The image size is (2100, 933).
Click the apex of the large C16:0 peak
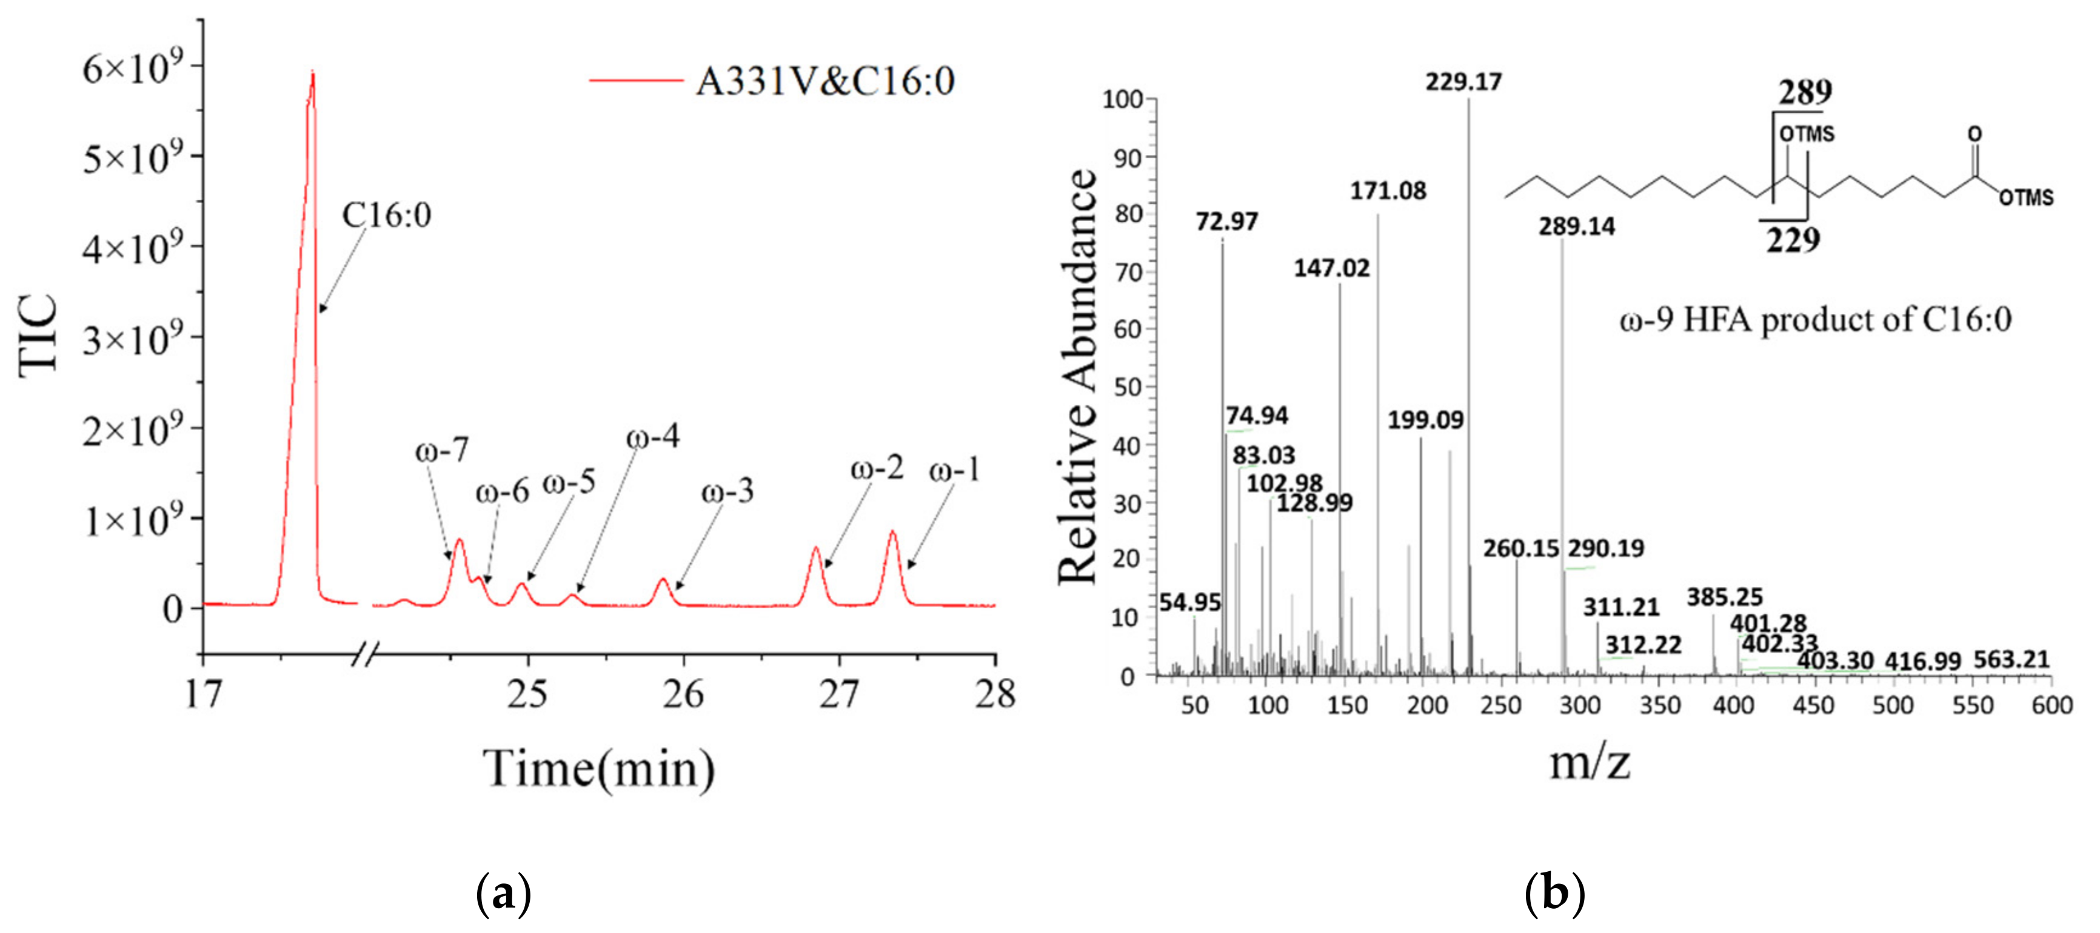click(312, 74)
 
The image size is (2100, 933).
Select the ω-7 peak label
click(442, 450)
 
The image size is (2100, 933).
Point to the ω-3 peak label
click(727, 491)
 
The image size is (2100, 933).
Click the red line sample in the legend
click(635, 81)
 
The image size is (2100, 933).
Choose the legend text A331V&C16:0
click(825, 81)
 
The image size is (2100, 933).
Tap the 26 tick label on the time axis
click(683, 695)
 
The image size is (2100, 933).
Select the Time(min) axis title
click(599, 768)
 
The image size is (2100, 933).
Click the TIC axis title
click(39, 336)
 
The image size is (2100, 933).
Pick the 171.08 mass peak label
click(1388, 191)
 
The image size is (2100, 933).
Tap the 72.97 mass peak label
click(1227, 222)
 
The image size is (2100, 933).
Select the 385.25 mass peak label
click(1724, 597)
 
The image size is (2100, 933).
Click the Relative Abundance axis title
click(1078, 376)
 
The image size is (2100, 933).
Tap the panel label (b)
click(1554, 893)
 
